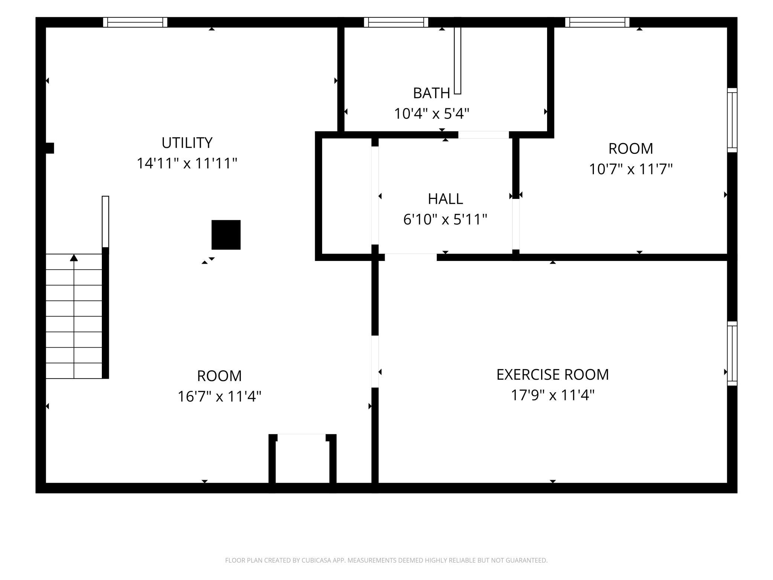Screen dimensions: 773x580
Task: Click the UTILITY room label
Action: click(187, 143)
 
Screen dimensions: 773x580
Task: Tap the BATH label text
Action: click(431, 93)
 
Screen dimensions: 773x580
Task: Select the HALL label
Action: click(445, 199)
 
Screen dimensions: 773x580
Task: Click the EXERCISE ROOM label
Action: click(553, 374)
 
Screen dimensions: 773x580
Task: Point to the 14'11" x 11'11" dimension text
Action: click(187, 163)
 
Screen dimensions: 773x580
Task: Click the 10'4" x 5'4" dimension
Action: click(431, 113)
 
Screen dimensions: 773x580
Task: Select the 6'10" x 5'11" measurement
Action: click(445, 219)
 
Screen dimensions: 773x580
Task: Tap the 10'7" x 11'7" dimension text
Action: click(631, 169)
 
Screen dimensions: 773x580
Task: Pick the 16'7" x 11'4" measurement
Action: click(219, 396)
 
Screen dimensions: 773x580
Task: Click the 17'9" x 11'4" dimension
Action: click(553, 395)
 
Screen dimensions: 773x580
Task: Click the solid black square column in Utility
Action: click(226, 235)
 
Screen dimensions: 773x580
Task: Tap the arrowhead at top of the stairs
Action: click(74, 257)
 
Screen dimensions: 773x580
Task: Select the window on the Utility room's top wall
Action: click(135, 22)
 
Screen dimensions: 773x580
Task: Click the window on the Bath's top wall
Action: click(396, 22)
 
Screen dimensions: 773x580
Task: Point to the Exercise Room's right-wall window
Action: click(732, 353)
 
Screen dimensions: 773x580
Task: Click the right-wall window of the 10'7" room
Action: click(732, 120)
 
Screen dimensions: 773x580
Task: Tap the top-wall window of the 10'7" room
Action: click(597, 22)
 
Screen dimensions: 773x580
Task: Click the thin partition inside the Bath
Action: click(457, 60)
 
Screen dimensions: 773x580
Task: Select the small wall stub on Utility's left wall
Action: click(49, 148)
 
